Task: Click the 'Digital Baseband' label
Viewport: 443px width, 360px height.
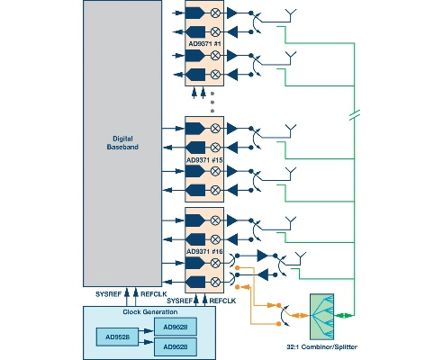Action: click(x=118, y=141)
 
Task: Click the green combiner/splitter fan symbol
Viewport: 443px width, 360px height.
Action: click(x=324, y=316)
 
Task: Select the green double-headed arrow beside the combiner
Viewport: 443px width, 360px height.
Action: click(x=346, y=316)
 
